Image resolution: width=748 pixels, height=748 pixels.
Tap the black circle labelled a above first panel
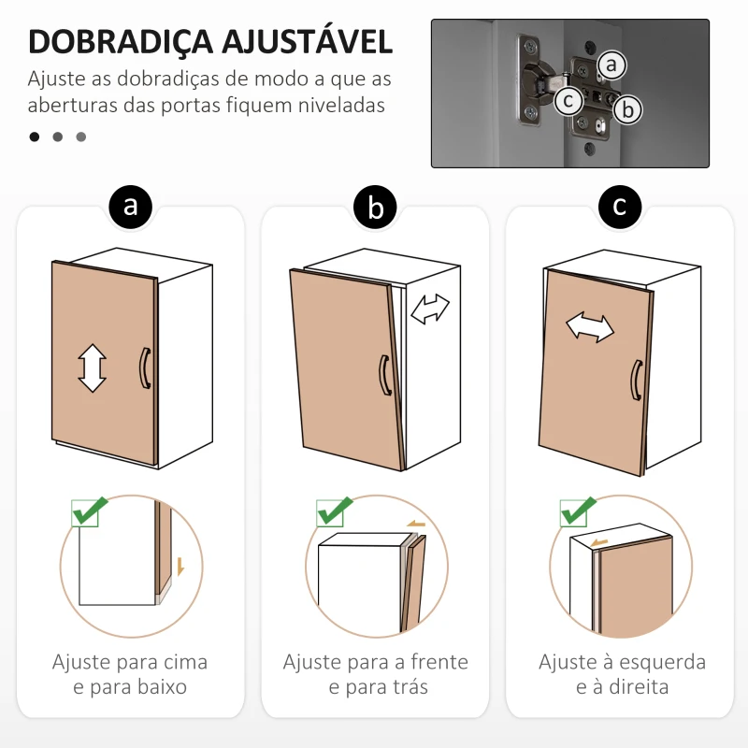(x=131, y=207)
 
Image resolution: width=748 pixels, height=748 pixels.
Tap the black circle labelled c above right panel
(x=620, y=207)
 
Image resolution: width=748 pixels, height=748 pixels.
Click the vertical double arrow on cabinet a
(x=92, y=367)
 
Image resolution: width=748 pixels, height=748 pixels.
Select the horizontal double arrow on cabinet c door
(x=590, y=326)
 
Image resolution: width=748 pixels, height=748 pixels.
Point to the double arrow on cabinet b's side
(x=430, y=309)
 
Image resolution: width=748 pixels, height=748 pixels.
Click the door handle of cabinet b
(x=383, y=376)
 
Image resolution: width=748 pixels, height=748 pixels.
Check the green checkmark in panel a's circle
(x=90, y=511)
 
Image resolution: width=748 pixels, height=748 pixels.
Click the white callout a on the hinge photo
(x=611, y=65)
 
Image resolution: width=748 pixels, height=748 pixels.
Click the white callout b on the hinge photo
(x=628, y=109)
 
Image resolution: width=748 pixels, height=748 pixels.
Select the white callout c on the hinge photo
(x=568, y=100)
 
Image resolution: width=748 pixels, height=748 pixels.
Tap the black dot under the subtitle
(x=35, y=137)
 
